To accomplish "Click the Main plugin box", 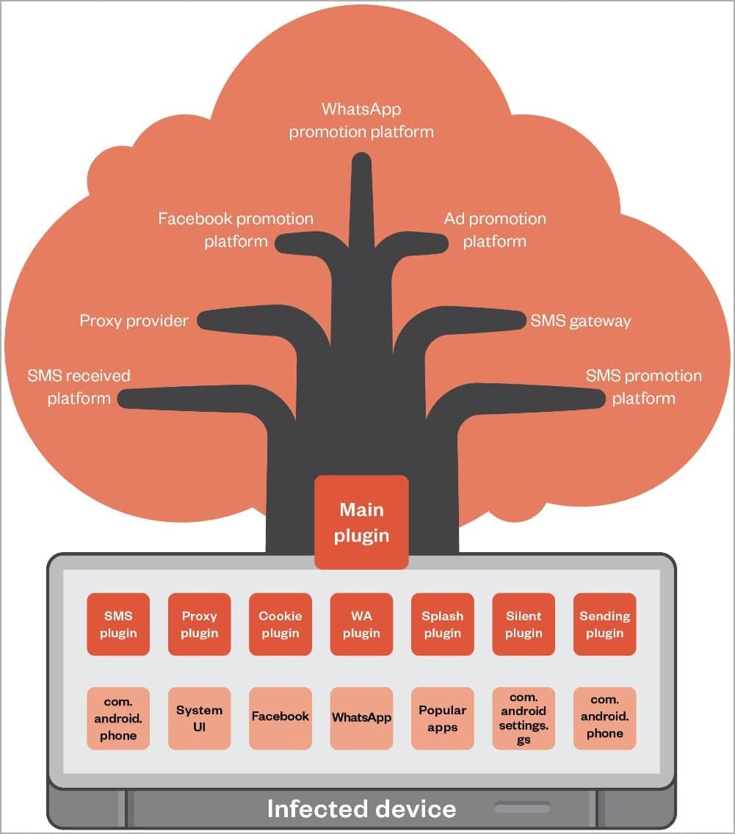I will click(x=361, y=522).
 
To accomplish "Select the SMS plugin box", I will click(x=118, y=624).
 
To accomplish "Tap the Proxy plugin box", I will click(x=199, y=624).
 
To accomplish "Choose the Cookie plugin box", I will click(x=280, y=624).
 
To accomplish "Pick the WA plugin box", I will click(x=361, y=624).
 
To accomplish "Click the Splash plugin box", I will click(x=442, y=624).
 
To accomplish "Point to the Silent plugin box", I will click(x=524, y=624).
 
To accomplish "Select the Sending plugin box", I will click(x=604, y=624).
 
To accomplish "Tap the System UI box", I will click(x=199, y=718).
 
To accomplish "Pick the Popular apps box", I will click(x=442, y=718).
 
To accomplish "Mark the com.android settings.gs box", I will click(x=524, y=718).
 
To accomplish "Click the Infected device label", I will click(x=361, y=809).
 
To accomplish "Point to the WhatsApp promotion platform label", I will click(x=361, y=120).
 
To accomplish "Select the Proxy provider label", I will click(x=134, y=321).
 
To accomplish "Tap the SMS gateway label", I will click(x=581, y=321).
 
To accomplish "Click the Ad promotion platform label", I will click(x=495, y=230).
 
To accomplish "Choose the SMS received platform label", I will click(x=79, y=387).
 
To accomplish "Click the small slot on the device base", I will click(x=522, y=808).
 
